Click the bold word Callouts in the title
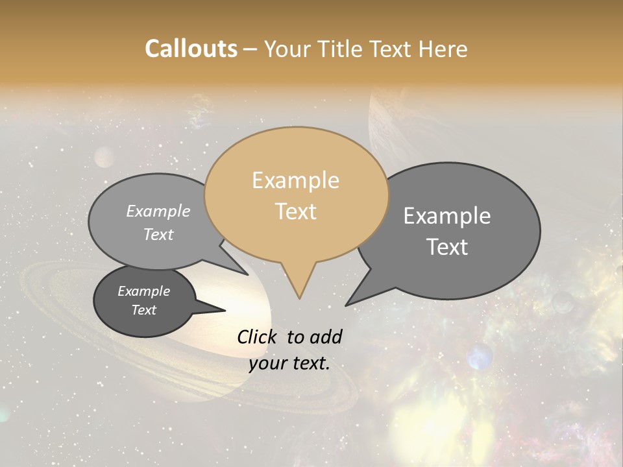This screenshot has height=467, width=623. [191, 49]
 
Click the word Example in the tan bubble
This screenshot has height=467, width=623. [295, 180]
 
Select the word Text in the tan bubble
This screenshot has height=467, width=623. [296, 211]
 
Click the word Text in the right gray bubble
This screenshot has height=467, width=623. [447, 247]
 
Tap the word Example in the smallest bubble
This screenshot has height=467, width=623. [143, 291]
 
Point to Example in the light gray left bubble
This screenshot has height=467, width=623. [158, 211]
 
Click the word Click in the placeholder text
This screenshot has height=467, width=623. [258, 337]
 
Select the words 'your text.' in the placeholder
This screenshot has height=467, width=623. [289, 363]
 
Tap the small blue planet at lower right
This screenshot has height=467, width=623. [480, 356]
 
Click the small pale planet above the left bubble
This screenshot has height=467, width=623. [104, 156]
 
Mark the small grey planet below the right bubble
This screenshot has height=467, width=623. [563, 301]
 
